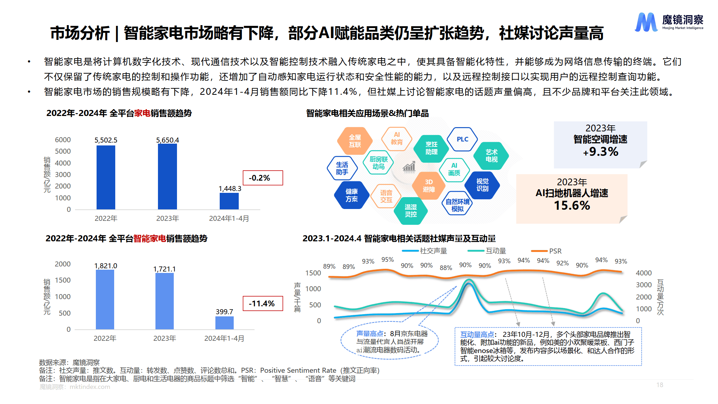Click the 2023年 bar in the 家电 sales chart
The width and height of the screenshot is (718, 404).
point(167,176)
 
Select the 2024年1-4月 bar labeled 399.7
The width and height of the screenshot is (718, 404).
point(224,322)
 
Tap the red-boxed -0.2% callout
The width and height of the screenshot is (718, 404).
point(263,178)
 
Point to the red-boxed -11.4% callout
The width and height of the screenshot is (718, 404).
point(263,303)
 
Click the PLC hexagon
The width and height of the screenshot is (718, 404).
point(462,139)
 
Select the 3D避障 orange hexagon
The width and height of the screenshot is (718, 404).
point(429,186)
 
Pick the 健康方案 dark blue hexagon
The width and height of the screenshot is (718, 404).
point(351,195)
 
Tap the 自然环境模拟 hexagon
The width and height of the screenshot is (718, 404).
point(457,205)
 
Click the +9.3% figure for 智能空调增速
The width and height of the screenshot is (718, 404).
point(601,152)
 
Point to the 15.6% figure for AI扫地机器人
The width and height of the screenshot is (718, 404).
point(572,206)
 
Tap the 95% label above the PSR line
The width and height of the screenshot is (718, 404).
point(387,259)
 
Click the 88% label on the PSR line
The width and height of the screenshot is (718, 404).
point(446,268)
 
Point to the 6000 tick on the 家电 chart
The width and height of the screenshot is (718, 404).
point(63,140)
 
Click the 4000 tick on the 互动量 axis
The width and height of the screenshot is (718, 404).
point(644,273)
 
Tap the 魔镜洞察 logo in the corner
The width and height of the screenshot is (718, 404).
point(669,22)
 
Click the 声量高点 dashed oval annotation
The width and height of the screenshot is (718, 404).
point(390,342)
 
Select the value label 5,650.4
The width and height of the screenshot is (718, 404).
point(167,140)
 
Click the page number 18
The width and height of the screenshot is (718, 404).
point(660,385)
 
